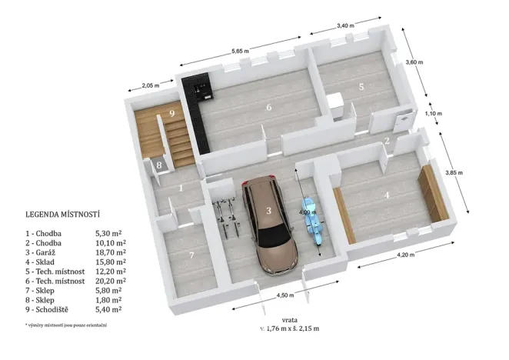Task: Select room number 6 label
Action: coord(269,108)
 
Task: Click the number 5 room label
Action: coord(360,87)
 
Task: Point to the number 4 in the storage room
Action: coord(387,195)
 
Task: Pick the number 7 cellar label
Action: coord(191,255)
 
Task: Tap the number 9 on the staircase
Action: coord(172,114)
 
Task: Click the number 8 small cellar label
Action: coord(158,165)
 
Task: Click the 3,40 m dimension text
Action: coord(345,25)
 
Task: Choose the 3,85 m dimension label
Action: coord(455,173)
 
